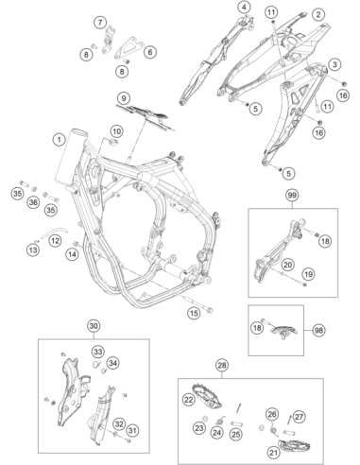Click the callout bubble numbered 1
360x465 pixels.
(59, 139)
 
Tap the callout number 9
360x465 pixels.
(124, 98)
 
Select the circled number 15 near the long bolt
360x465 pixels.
(194, 313)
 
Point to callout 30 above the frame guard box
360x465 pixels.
(94, 326)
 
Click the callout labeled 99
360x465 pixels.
(292, 196)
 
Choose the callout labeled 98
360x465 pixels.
(318, 330)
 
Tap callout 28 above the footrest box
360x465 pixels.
(221, 365)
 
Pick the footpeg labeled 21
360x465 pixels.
(295, 444)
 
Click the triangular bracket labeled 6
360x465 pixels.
(129, 48)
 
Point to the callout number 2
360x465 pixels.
(318, 14)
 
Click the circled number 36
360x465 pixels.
(33, 202)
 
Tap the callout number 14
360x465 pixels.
(73, 254)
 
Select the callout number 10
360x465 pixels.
(116, 131)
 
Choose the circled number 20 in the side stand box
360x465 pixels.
(288, 265)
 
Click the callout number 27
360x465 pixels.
(299, 417)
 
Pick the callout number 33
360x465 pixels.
(98, 352)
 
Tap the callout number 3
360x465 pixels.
(334, 64)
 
